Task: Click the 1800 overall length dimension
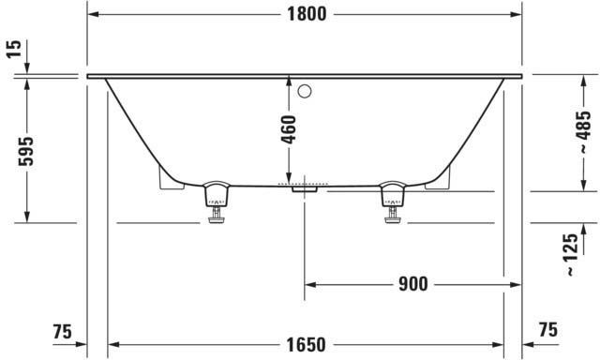coord(307,14)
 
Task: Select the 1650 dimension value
coord(307,345)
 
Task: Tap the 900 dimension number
coord(412,284)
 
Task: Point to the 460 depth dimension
coord(289,129)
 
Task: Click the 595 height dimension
coord(26,151)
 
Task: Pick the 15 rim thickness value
coord(14,49)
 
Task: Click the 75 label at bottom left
coord(63,331)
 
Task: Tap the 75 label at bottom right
coord(548,329)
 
